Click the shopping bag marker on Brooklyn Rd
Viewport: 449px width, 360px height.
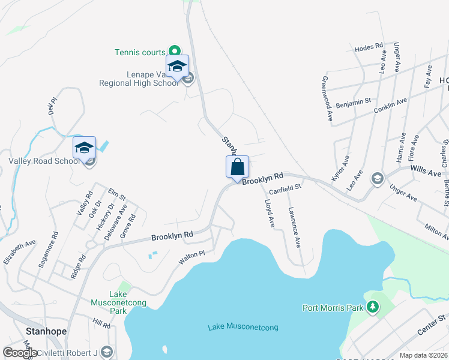tap(237, 167)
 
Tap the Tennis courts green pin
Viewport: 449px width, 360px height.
tap(174, 52)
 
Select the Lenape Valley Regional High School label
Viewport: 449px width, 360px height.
tap(139, 79)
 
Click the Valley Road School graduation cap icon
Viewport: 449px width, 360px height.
tap(85, 148)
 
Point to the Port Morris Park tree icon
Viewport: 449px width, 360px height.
tap(373, 308)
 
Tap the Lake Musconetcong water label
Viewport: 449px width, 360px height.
tap(243, 327)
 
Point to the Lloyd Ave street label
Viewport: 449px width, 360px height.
tap(269, 214)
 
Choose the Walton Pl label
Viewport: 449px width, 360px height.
tap(191, 259)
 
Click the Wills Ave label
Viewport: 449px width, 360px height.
tap(426, 171)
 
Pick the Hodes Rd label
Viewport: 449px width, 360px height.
tap(369, 46)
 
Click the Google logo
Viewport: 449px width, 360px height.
tap(20, 352)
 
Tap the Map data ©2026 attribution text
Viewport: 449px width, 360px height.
tap(423, 355)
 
